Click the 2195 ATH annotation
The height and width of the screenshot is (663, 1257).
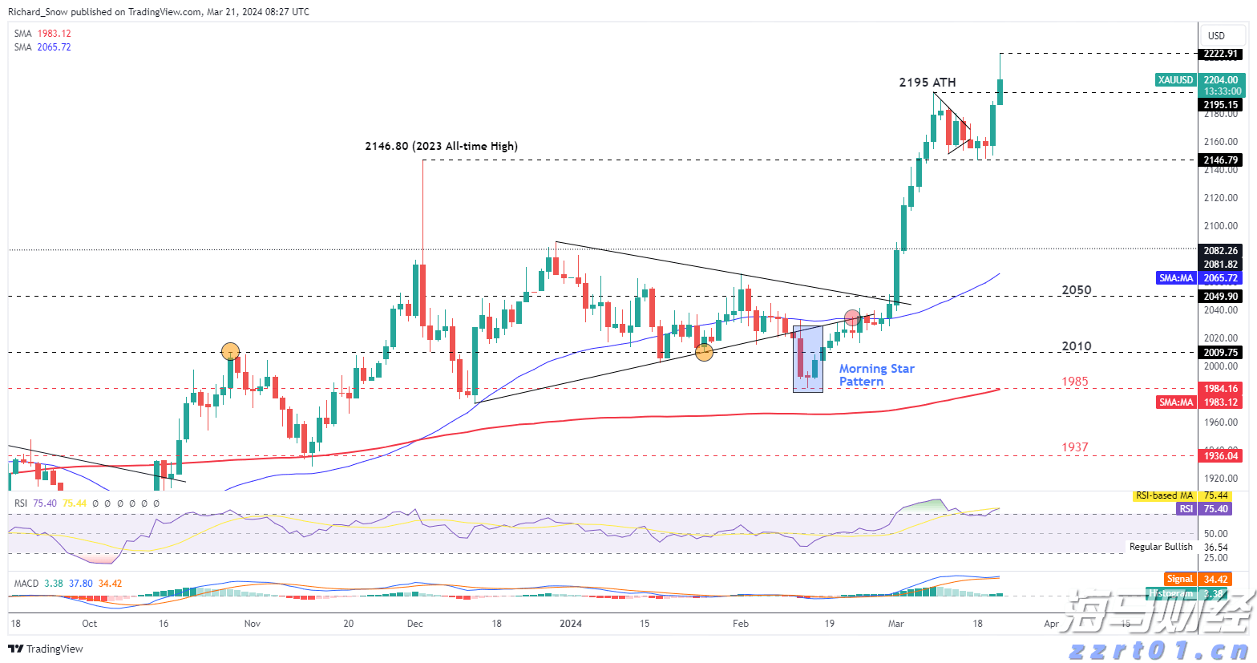(927, 83)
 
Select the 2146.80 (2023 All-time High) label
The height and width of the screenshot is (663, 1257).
(441, 146)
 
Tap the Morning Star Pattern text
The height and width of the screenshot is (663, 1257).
(876, 375)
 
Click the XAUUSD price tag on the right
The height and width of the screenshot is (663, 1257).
(1176, 80)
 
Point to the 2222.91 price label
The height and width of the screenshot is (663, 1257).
(1221, 54)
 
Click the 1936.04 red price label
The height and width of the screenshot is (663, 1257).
(1221, 456)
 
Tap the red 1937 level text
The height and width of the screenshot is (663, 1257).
(1075, 447)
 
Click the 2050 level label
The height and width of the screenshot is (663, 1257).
(1076, 290)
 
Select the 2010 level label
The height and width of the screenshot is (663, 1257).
(1076, 346)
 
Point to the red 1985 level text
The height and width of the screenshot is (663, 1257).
(1075, 382)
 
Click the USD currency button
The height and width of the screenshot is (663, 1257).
(1216, 35)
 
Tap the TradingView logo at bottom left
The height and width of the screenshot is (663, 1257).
(46, 649)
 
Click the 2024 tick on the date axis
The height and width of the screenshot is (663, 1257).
(570, 623)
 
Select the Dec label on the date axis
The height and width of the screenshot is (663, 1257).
(414, 623)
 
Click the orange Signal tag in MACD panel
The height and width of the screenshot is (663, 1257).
(1180, 579)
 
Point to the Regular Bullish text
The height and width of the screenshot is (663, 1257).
(1161, 547)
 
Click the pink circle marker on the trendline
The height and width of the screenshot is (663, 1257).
(852, 318)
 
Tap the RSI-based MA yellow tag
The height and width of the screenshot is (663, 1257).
(1164, 495)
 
